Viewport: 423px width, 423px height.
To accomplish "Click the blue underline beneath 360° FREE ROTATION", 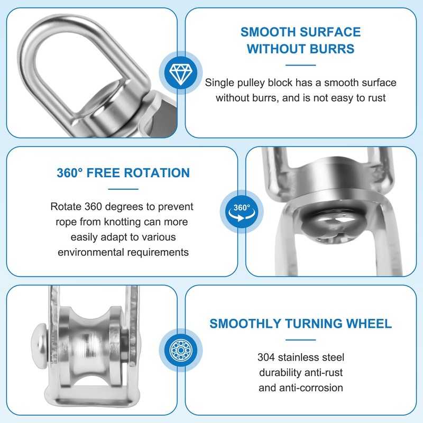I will click(123, 189).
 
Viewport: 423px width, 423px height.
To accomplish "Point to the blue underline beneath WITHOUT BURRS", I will click(300, 66).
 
